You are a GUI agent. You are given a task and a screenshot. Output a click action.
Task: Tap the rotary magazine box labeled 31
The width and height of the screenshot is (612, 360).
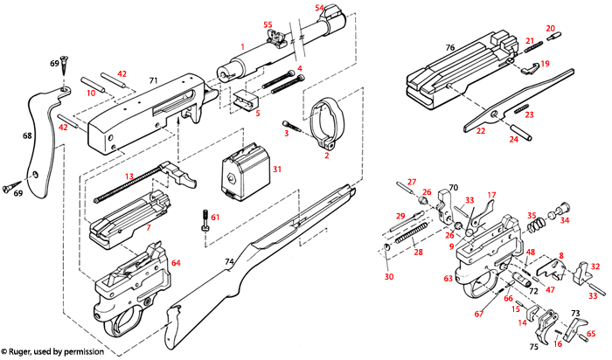click(x=240, y=168)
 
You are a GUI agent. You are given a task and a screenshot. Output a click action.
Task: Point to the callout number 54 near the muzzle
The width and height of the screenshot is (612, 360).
click(x=319, y=8)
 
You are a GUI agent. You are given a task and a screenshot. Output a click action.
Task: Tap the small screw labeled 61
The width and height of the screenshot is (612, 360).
click(x=205, y=223)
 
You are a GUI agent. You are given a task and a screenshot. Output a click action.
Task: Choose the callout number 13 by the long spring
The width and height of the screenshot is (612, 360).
click(x=128, y=177)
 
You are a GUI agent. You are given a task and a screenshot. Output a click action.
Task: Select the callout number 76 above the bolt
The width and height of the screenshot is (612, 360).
click(x=450, y=48)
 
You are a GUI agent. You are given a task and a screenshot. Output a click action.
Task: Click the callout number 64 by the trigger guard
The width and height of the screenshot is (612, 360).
click(x=176, y=262)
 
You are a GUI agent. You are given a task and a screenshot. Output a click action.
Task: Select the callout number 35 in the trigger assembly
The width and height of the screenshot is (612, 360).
click(x=531, y=214)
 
